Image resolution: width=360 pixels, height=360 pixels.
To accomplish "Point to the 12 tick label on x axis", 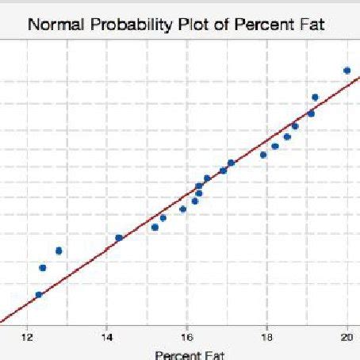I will [27, 335].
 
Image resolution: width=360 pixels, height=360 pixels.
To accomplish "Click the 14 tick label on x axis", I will [107, 335].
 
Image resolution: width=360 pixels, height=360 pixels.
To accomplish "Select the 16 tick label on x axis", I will [187, 335].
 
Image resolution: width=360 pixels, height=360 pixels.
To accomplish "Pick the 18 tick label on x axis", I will [267, 335].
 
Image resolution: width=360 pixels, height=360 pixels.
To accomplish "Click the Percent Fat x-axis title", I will [190, 354].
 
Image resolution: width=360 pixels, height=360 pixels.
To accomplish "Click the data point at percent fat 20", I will [347, 71].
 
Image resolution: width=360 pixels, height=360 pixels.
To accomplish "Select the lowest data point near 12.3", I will [39, 295].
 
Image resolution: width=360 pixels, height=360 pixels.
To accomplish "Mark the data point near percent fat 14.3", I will [119, 238].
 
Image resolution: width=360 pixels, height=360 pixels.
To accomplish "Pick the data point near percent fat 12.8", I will [59, 251].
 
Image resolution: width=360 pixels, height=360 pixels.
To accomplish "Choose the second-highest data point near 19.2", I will [315, 98].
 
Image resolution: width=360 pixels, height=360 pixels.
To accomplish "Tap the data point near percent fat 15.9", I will [183, 209].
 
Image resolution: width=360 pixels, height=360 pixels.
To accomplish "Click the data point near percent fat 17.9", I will [263, 155].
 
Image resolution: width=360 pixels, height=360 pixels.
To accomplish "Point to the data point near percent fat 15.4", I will [163, 218].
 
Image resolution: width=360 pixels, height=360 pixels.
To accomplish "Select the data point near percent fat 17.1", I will [231, 163].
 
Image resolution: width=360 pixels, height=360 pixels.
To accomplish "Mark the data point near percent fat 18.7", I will [295, 125].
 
